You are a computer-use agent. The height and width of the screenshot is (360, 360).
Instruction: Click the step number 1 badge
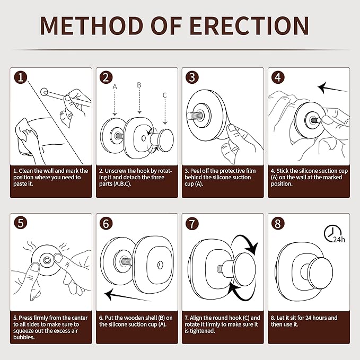pyautogui.click(x=21, y=77)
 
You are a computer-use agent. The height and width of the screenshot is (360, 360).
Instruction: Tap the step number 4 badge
pyautogui.click(x=278, y=77)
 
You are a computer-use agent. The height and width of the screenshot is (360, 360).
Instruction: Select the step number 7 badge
pyautogui.click(x=192, y=224)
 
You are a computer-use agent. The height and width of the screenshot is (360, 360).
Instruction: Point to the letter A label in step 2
pyautogui.click(x=115, y=87)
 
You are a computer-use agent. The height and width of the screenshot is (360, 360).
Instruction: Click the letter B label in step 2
pyautogui.click(x=139, y=85)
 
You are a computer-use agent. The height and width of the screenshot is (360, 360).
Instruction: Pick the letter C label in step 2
pyautogui.click(x=164, y=95)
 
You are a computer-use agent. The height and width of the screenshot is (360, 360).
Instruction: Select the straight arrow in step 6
pyautogui.click(x=127, y=296)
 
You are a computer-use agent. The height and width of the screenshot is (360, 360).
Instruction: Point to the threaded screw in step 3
pyautogui.click(x=195, y=115)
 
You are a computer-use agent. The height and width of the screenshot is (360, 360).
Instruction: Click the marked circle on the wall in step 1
pyautogui.click(x=44, y=92)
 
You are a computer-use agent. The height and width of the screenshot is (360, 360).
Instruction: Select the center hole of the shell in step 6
pyautogui.click(x=160, y=265)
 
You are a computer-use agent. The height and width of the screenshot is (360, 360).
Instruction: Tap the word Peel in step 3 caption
pyautogui.click(x=196, y=171)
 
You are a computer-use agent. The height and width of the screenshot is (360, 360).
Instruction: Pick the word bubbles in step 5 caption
pyautogui.click(x=24, y=337)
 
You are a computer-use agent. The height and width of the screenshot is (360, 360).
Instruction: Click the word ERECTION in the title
pyautogui.click(x=249, y=25)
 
